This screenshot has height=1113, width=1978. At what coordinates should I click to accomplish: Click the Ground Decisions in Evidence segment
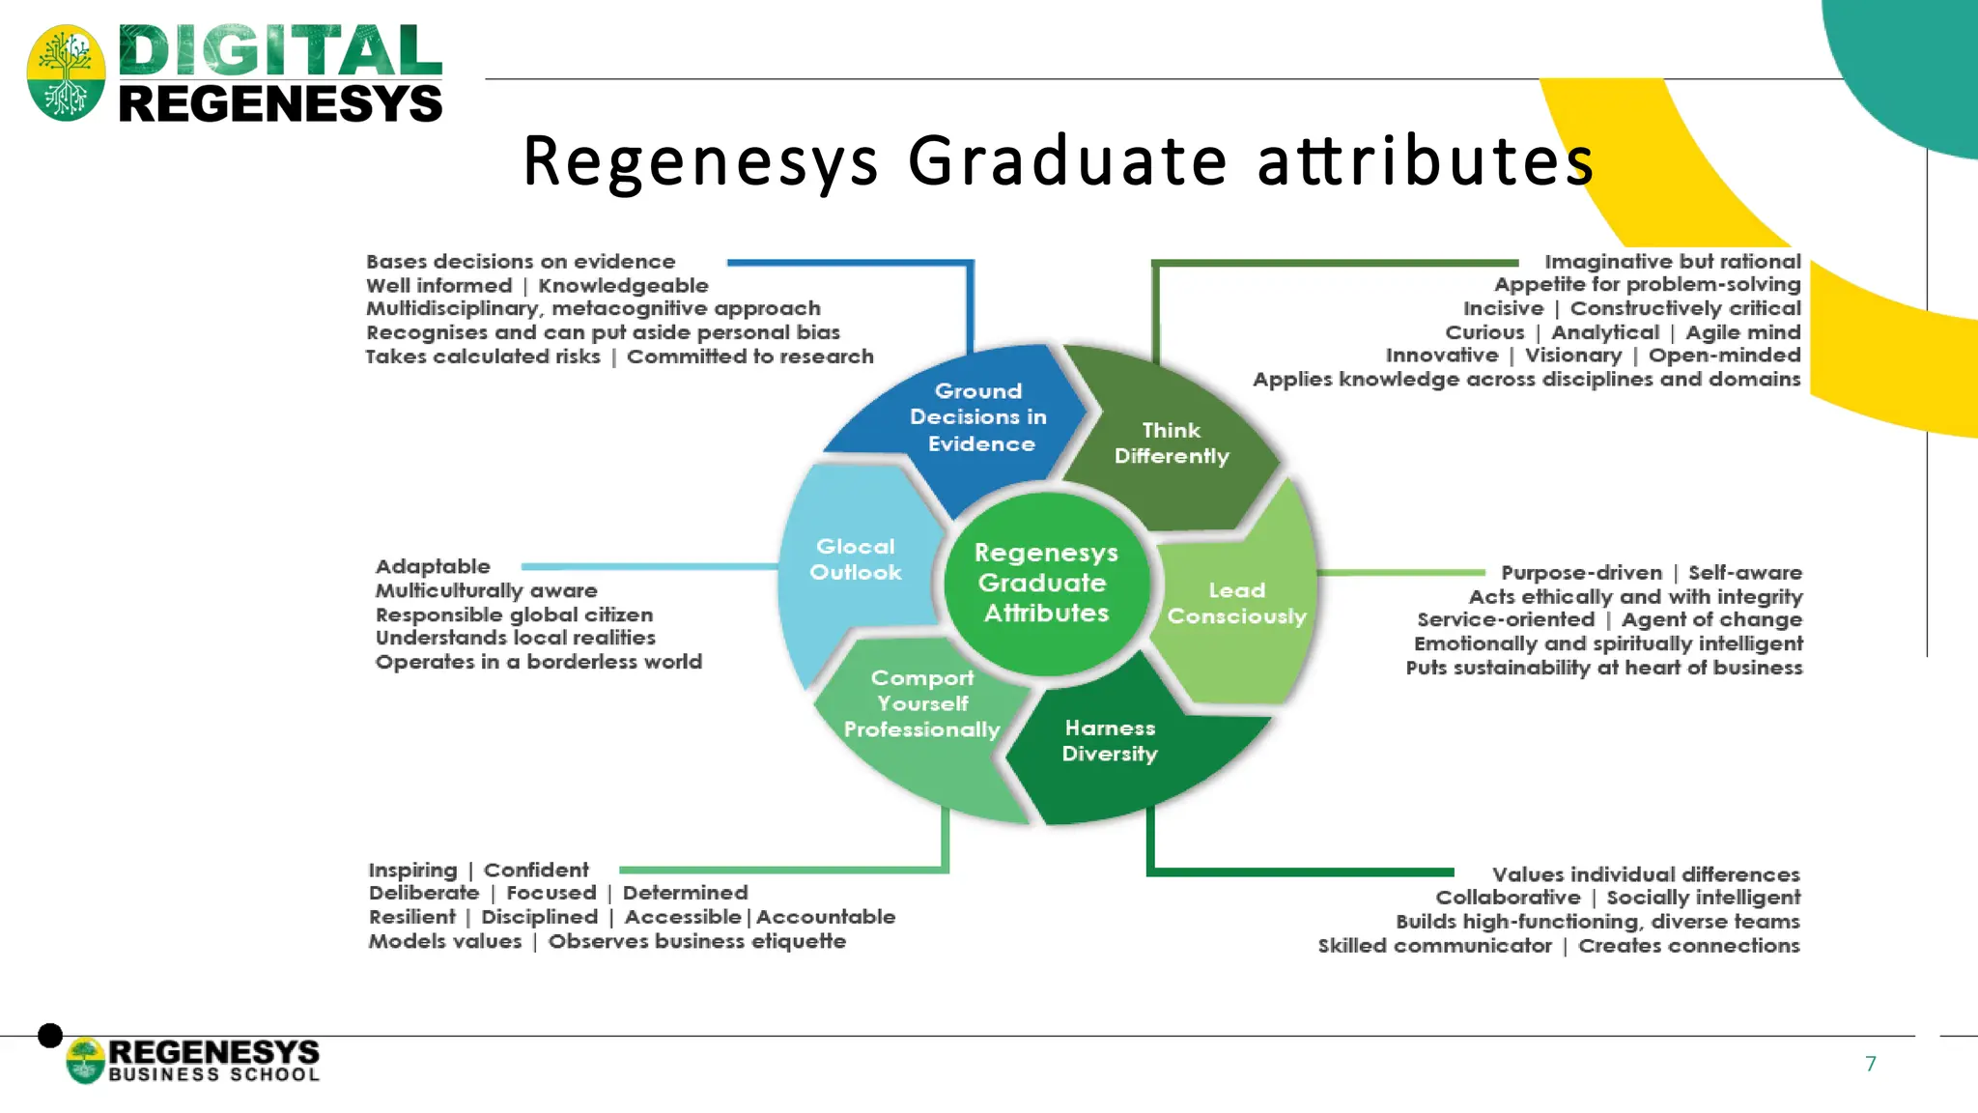pos(975,417)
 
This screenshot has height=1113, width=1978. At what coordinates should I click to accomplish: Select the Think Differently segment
pos(1172,443)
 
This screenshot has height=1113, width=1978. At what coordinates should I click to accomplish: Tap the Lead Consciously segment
pos(1236,603)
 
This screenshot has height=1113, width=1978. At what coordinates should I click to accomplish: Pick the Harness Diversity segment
pos(1111,741)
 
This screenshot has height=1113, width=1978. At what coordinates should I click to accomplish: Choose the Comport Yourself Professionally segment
pos(921,704)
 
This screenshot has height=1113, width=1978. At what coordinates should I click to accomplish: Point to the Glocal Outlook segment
pos(855,559)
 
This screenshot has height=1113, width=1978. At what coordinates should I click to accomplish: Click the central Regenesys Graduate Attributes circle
pos(1046,583)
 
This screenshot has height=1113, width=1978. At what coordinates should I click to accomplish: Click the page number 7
pos(1870,1064)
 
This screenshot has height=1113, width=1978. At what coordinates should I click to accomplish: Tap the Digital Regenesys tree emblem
pos(66,72)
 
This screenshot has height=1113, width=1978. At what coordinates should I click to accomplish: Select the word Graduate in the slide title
pos(1067,160)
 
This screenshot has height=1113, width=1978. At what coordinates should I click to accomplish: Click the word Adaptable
pos(433,566)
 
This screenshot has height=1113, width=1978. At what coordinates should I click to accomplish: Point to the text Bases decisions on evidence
pos(521,262)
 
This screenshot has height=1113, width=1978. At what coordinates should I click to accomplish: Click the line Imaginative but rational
pos(1672,262)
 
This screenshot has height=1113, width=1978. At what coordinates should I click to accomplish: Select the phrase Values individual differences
pos(1645,874)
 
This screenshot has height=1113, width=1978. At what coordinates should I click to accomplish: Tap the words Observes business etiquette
pos(696,941)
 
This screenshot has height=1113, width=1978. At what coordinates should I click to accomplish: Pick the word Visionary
pos(1572,356)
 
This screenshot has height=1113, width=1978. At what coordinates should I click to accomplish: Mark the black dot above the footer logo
pos(50,1036)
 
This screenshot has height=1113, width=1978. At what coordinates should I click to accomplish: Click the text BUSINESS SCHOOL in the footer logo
pos(213,1074)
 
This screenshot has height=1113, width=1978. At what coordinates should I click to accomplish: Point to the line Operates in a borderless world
pos(538,662)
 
